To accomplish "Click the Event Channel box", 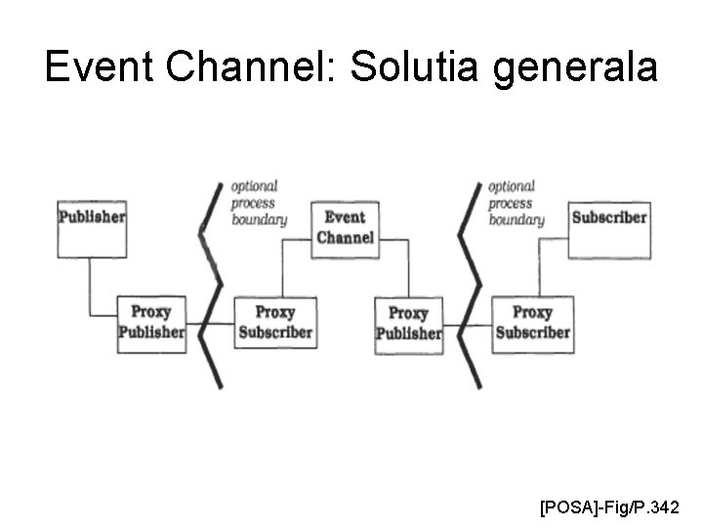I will click(344, 229).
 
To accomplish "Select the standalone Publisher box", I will click(91, 228).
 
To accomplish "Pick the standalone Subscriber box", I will click(608, 228).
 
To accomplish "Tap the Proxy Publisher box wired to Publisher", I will click(150, 323).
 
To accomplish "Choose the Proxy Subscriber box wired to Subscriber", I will click(532, 323).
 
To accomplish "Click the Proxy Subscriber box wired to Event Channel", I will click(274, 323).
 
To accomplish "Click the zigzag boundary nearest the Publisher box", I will click(209, 284).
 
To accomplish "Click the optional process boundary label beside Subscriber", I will click(515, 203).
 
